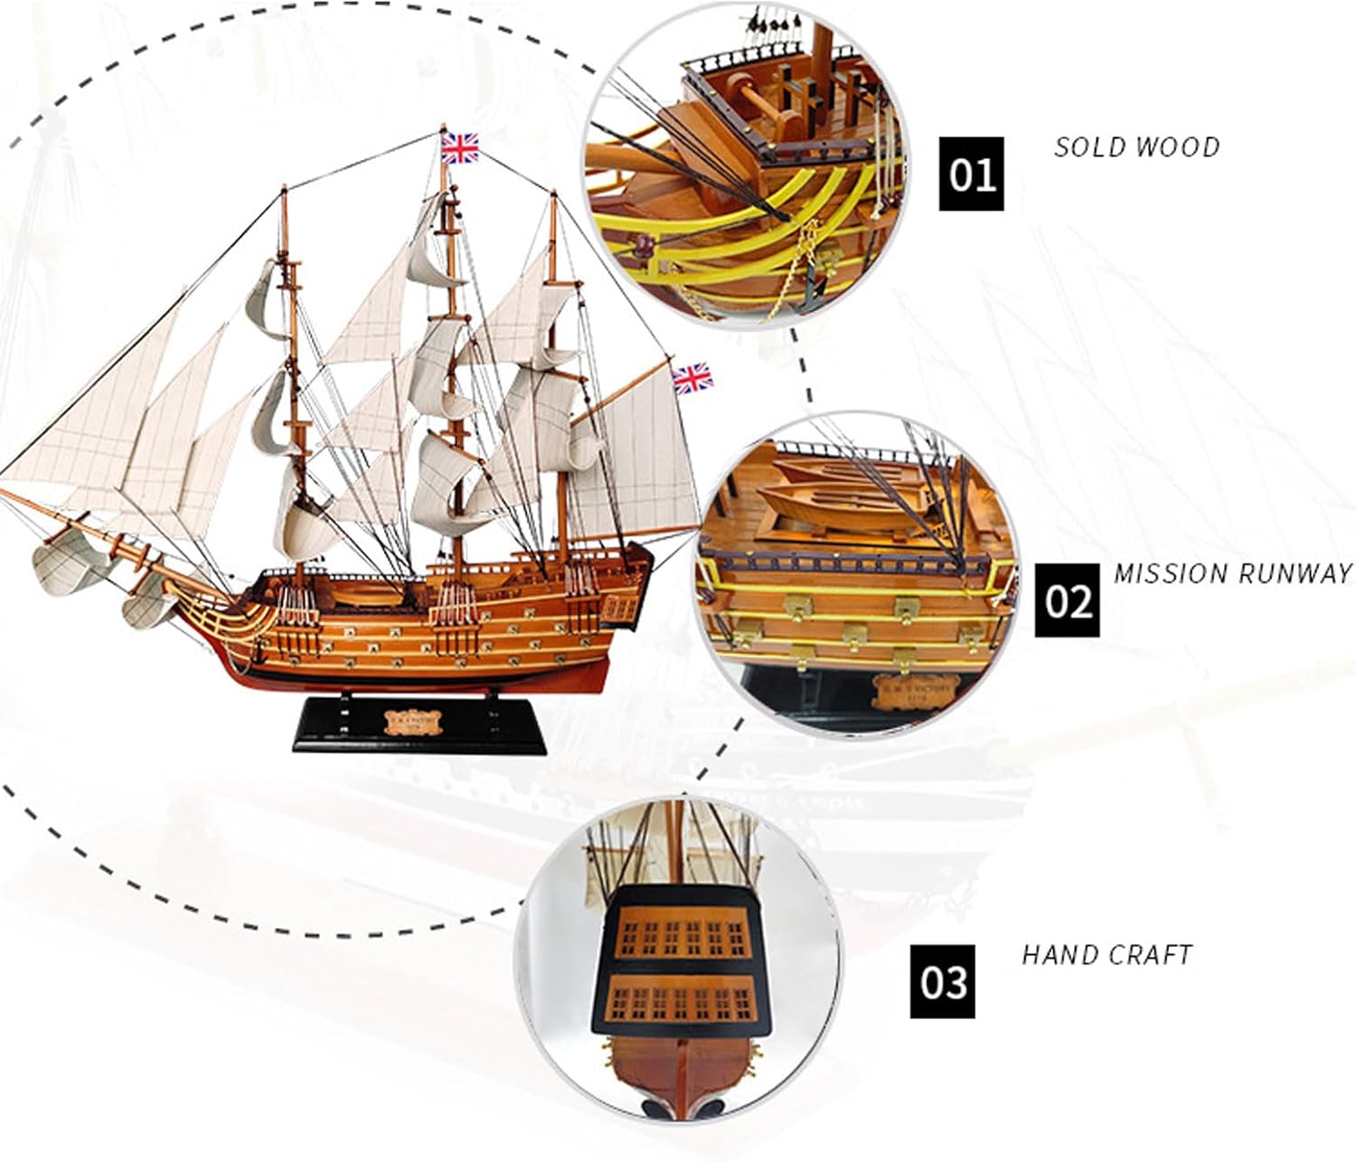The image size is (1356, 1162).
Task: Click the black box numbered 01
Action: (x=971, y=174)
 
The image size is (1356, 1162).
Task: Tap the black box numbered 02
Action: (x=1067, y=600)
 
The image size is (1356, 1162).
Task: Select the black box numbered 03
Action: (x=942, y=981)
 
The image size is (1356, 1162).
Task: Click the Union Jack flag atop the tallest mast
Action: (x=459, y=147)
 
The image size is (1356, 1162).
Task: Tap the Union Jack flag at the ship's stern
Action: (x=692, y=378)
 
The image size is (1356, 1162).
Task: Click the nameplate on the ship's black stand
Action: (x=417, y=721)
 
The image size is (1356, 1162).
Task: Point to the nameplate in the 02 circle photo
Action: (x=913, y=693)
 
